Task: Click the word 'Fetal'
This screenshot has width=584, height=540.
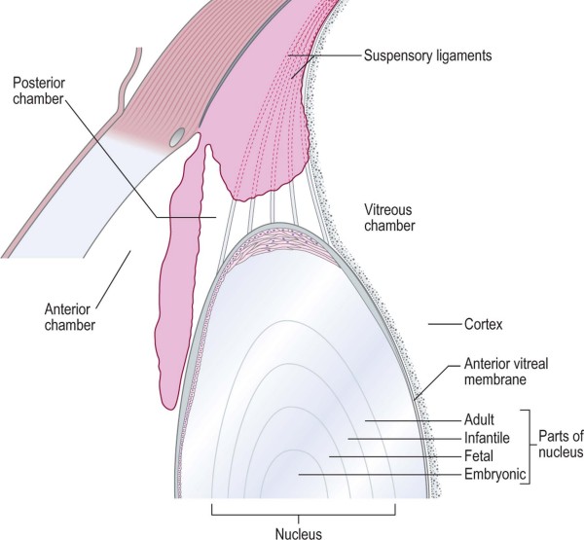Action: pos(475,455)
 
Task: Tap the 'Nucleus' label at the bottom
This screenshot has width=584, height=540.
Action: pos(300,530)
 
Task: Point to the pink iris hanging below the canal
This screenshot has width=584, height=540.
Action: pos(181,282)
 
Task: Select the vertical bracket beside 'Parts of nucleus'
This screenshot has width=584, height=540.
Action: pos(529,445)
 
